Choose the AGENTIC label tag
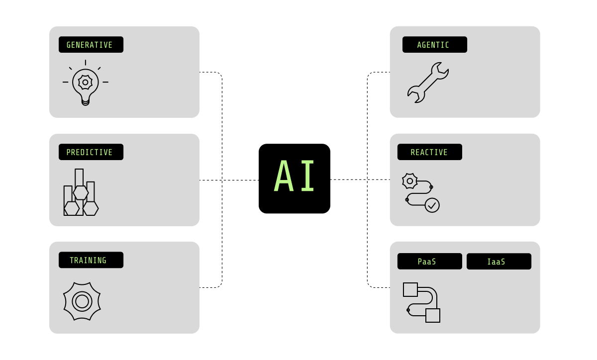434,45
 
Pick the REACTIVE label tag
429,152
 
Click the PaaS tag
429,262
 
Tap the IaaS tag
498,262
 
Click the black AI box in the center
294,179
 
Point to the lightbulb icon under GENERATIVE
85,84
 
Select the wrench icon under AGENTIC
428,83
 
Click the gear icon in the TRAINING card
82,301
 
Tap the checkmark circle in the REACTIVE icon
432,205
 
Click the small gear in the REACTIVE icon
409,181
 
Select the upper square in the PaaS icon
410,289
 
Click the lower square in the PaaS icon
433,315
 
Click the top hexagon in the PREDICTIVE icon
81,192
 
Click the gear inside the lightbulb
85,82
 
